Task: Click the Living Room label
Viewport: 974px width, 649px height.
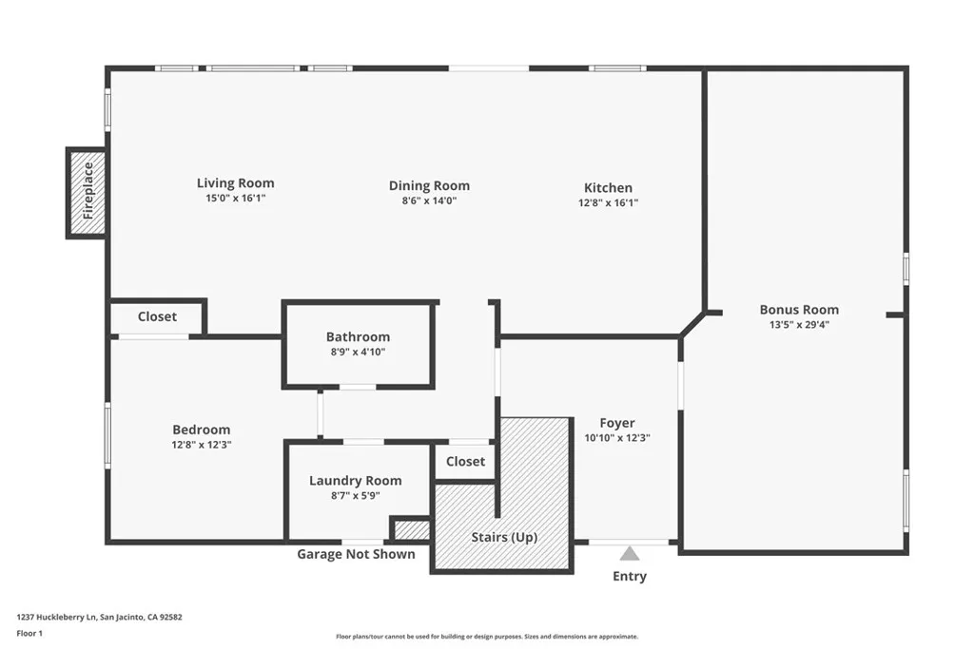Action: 236,183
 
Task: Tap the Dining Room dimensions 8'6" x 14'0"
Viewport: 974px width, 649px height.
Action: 429,200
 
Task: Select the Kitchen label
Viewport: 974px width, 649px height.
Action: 608,187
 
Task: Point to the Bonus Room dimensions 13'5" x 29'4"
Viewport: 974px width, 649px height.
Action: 799,325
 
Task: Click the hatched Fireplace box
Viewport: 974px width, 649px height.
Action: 87,193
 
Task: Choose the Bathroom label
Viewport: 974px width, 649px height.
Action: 359,337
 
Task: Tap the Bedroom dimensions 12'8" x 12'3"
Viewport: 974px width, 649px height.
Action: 202,445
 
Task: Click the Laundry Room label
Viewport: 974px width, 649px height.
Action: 356,481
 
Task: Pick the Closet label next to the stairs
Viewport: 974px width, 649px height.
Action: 465,462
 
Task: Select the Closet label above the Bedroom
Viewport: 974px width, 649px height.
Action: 157,316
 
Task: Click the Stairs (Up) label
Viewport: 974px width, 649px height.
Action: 504,537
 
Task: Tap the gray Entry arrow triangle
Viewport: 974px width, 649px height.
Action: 630,553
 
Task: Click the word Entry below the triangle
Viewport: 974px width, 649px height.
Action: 630,577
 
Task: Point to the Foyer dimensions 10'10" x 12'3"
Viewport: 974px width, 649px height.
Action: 617,438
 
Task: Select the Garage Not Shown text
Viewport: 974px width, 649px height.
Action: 356,554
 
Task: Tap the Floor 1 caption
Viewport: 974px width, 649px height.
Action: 29,634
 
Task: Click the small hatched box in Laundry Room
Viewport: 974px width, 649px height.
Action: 411,529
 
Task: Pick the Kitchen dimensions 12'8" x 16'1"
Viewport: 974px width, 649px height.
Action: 608,203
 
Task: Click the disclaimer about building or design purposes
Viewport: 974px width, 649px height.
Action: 487,637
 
